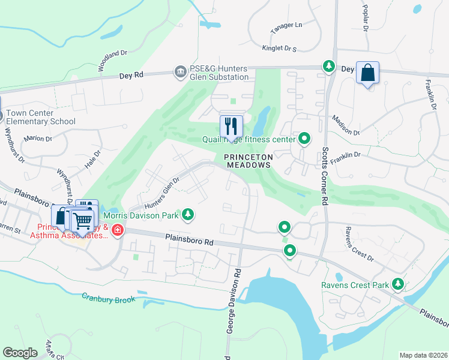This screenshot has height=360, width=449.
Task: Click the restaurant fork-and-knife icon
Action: (231, 126)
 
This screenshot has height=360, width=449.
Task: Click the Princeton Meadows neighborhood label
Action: (249, 160)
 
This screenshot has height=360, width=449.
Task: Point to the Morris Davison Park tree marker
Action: (188, 214)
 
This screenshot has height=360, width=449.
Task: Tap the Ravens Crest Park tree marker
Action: (397, 284)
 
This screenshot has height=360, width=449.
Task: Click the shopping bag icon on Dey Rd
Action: (367, 73)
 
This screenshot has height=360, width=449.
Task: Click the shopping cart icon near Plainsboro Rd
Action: (82, 220)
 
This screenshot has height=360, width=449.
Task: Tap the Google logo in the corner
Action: (20, 353)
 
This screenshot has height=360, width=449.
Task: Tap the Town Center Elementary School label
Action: (41, 117)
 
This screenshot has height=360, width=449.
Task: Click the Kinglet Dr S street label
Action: (280, 48)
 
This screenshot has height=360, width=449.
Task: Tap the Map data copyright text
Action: (423, 355)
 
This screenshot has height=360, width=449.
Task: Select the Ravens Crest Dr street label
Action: (358, 245)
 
